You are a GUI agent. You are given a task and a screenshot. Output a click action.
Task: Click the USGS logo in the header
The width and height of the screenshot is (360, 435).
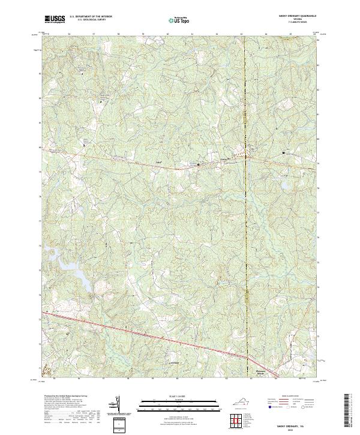click(55, 19)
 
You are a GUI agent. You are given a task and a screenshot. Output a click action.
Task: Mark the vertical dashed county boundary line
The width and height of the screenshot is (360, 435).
click(245, 210)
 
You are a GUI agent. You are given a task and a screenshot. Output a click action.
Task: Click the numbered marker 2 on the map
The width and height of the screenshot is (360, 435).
click(101, 103)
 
